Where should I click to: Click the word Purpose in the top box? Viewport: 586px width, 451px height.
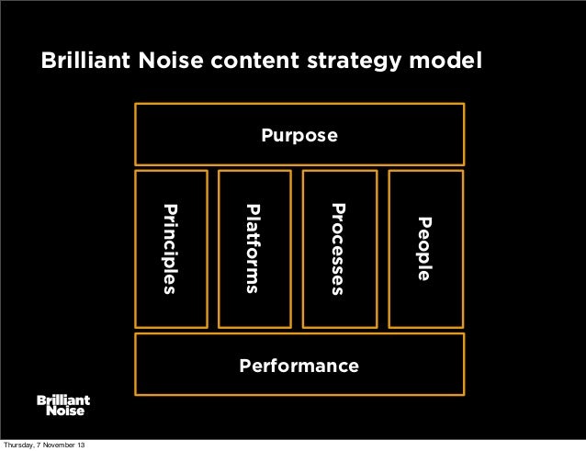pyautogui.click(x=299, y=137)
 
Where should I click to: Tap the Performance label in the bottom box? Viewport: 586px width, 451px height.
pyautogui.click(x=299, y=366)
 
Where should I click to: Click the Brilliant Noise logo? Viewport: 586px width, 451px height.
pyautogui.click(x=63, y=405)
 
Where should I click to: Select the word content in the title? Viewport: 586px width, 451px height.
pyautogui.click(x=253, y=62)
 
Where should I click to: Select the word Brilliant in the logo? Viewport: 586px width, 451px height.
pyautogui.click(x=63, y=400)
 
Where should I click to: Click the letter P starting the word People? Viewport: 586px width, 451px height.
pyautogui.click(x=423, y=221)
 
